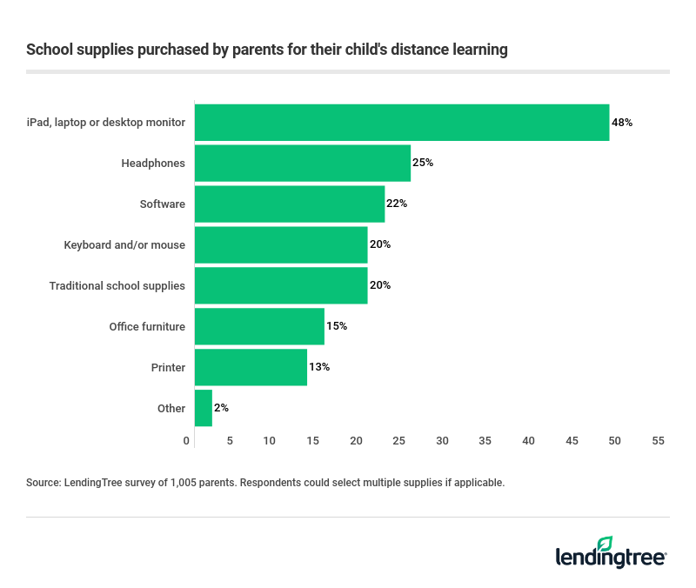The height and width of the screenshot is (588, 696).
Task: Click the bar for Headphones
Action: pyautogui.click(x=302, y=164)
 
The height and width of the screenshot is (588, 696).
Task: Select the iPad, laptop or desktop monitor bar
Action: pyautogui.click(x=401, y=123)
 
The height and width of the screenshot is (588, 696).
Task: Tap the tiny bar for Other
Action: pyautogui.click(x=203, y=408)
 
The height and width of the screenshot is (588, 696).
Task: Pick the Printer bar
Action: pyautogui.click(x=251, y=367)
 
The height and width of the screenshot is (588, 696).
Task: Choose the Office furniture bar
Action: pyautogui.click(x=259, y=326)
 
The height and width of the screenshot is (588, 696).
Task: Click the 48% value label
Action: pyautogui.click(x=622, y=123)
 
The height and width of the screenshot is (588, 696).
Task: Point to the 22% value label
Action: pyautogui.click(x=397, y=204)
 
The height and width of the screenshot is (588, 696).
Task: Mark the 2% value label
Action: pyautogui.click(x=221, y=408)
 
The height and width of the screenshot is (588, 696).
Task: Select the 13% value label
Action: pyautogui.click(x=319, y=367)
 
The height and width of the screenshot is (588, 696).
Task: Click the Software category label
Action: pyautogui.click(x=162, y=204)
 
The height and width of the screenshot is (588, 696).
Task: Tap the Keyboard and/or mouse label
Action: pyautogui.click(x=124, y=244)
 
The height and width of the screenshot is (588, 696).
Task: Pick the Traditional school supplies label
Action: pyautogui.click(x=117, y=285)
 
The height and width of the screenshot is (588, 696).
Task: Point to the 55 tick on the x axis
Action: pyautogui.click(x=657, y=441)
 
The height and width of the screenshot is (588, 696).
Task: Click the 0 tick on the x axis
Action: pyautogui.click(x=187, y=441)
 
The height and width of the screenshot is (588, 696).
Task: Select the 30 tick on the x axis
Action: pyautogui.click(x=443, y=441)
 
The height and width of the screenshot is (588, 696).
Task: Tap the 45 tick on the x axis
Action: pyautogui.click(x=572, y=441)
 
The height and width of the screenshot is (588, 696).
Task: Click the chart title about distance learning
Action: pyautogui.click(x=267, y=50)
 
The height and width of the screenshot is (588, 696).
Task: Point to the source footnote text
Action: pyautogui.click(x=265, y=481)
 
